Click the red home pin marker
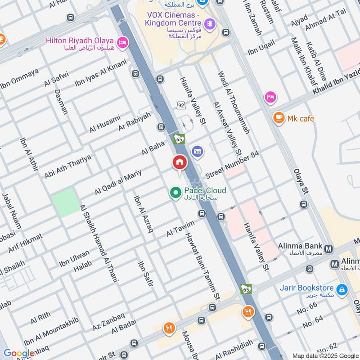pos(179,163)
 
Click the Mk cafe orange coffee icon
pos(279,118)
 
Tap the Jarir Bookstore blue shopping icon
pos(342,288)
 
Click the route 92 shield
pos(181,105)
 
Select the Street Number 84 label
pos(232,165)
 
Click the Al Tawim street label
pos(180,229)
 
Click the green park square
pos(64,203)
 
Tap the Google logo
pos(18,354)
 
